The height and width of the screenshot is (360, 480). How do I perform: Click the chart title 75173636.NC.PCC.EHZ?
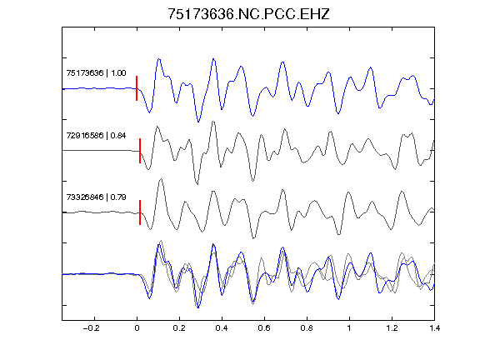click(248, 14)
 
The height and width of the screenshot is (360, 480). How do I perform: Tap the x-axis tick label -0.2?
click(91, 328)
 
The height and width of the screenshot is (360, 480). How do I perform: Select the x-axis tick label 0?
click(137, 328)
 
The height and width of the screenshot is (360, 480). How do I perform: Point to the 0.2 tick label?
click(179, 328)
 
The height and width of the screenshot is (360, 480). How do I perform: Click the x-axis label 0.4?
click(222, 328)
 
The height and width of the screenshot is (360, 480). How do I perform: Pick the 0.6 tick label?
click(264, 328)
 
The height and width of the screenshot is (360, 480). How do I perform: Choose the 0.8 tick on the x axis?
click(307, 328)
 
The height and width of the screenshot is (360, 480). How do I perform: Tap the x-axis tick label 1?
click(349, 328)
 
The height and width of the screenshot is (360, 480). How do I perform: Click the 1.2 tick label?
click(392, 328)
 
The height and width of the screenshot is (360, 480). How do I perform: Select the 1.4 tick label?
click(434, 328)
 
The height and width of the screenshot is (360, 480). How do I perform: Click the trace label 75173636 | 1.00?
click(96, 73)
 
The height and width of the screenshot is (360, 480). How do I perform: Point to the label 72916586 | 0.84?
click(96, 135)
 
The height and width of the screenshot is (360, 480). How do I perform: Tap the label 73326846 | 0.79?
click(96, 197)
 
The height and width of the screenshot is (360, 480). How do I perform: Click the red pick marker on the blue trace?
click(137, 88)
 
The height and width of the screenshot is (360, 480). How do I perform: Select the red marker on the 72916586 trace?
click(140, 151)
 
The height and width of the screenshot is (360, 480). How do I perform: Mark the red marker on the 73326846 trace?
click(140, 212)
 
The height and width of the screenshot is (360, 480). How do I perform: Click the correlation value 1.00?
click(118, 73)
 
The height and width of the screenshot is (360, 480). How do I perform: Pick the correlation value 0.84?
click(118, 135)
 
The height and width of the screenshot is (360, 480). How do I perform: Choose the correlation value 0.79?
click(118, 197)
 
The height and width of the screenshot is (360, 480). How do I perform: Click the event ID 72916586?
click(85, 135)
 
